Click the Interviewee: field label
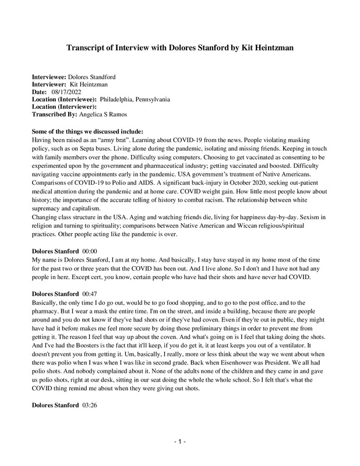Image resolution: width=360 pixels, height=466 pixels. point(49,77)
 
